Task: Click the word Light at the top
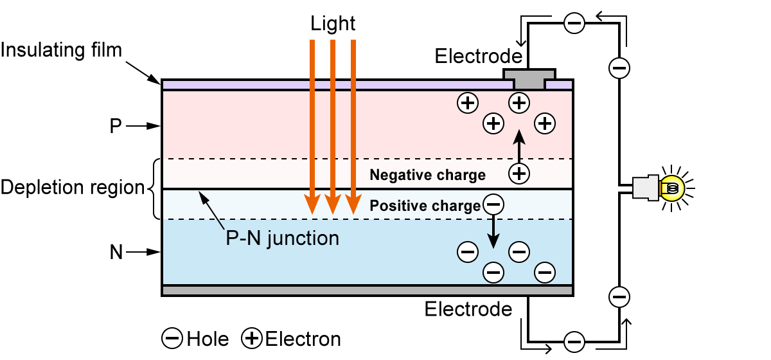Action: [x=333, y=24]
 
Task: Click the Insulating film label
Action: [x=62, y=50]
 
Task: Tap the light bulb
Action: [x=671, y=188]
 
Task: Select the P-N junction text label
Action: [x=282, y=239]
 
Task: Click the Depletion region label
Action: [x=73, y=188]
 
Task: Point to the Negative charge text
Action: [x=427, y=175]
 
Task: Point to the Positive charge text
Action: [x=425, y=206]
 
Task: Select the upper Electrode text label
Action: [x=479, y=56]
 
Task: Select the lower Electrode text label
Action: [x=468, y=309]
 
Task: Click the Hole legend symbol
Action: [x=172, y=338]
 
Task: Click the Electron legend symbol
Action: [x=251, y=338]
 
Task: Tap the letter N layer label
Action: [x=116, y=253]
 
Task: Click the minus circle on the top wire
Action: [x=574, y=24]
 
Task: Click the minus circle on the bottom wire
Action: [x=574, y=341]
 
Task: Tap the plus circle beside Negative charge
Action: [x=519, y=172]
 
